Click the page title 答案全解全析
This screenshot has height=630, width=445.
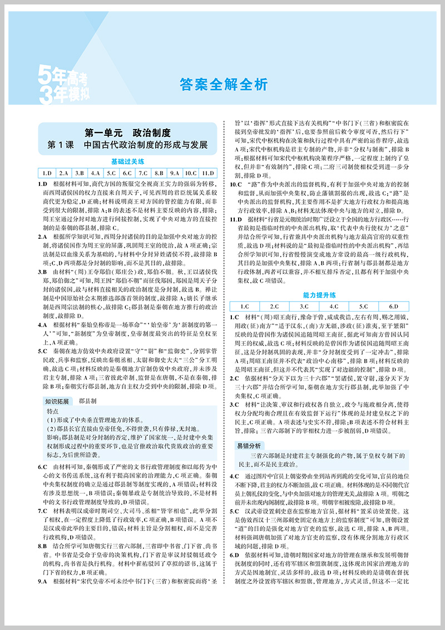224,84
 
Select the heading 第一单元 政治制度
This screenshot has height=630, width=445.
127,133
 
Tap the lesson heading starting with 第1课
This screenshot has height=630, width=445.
127,146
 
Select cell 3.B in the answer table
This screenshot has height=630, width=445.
79,173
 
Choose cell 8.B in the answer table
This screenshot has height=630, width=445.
159,173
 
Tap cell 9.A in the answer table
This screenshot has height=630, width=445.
175,173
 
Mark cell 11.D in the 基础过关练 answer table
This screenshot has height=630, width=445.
207,173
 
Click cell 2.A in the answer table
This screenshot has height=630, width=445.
63,173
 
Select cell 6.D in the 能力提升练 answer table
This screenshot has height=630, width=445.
393,306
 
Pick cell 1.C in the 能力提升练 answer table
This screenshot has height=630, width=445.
244,306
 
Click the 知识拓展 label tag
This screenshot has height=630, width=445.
56,401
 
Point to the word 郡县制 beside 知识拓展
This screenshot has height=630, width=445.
86,401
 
